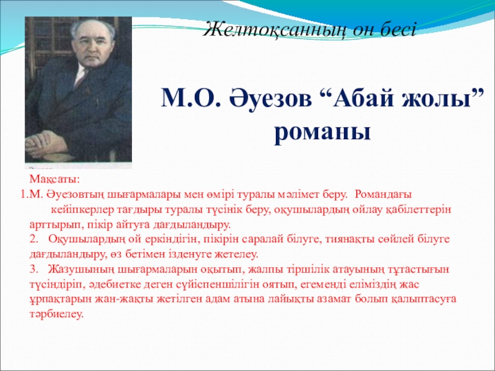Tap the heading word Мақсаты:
point(55,180)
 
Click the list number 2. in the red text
point(34,239)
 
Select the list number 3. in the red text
point(34,270)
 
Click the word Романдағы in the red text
point(383,195)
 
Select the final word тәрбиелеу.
point(56,315)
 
